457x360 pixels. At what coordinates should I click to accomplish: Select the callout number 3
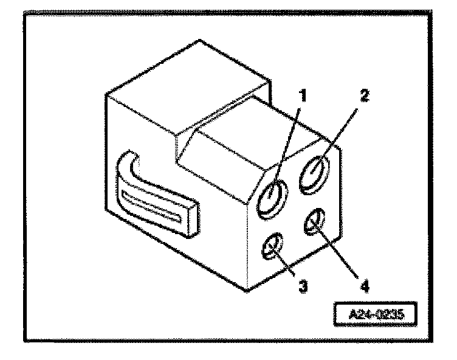(302, 285)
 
